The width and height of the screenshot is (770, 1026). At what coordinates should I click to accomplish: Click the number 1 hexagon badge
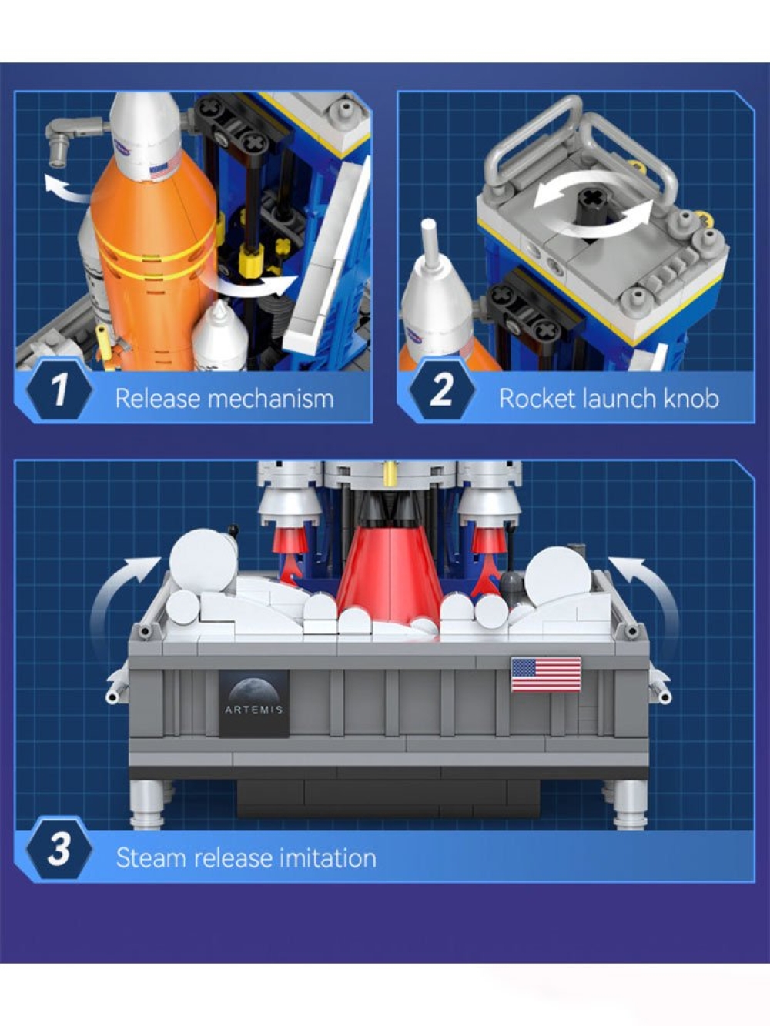pos(59,390)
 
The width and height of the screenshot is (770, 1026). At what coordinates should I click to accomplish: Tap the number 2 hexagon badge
pos(442,390)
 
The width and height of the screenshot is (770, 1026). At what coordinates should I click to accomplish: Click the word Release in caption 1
pos(158,399)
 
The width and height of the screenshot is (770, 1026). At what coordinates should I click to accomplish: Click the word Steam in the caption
pos(152,859)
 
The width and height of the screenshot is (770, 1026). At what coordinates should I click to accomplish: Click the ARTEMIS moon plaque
pos(254,703)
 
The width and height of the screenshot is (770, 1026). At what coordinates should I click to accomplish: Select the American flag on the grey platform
pos(546,675)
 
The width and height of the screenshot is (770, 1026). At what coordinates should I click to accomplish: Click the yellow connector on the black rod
pos(247,262)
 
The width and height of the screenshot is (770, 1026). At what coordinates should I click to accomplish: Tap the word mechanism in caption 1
pos(271,399)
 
